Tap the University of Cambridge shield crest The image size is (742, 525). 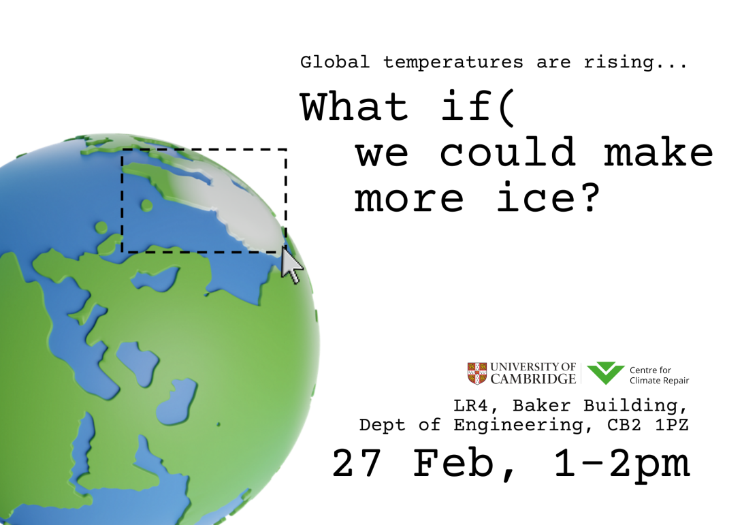477,373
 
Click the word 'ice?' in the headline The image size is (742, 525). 548,198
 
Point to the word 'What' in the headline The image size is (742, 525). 354,108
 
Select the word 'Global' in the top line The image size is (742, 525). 335,63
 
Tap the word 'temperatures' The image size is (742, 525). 453,63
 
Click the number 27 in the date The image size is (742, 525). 359,464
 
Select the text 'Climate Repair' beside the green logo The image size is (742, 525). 659,381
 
